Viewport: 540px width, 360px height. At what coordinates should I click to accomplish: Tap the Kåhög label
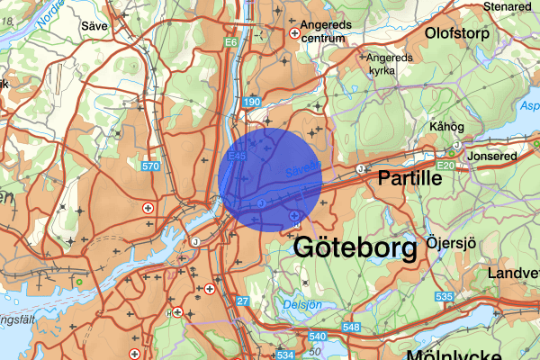447,127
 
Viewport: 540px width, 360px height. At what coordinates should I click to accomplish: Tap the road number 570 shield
150,166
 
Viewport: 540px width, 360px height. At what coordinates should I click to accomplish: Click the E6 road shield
231,42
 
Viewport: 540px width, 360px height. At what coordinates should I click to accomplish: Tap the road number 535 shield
443,295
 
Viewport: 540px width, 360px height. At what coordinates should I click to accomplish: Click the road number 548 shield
351,326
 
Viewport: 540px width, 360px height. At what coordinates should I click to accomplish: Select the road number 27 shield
242,300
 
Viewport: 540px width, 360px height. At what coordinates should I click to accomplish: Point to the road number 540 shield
316,337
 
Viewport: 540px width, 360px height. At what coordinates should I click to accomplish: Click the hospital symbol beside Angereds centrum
293,33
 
